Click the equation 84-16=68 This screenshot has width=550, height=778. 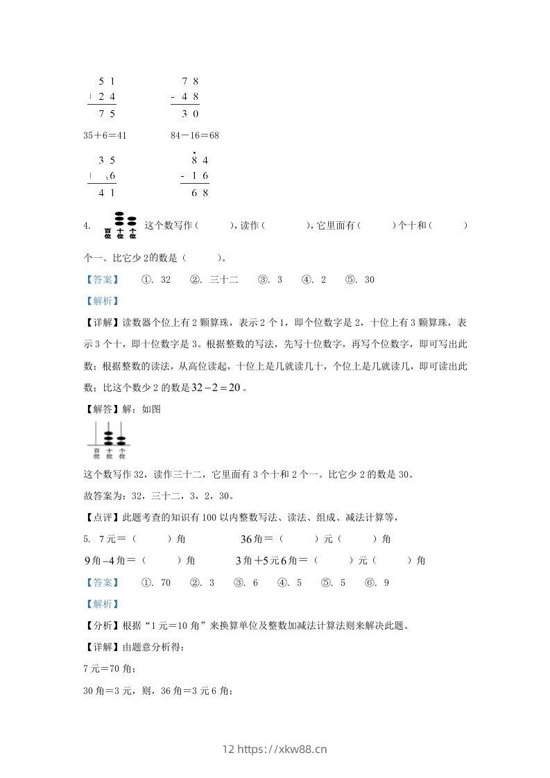194,135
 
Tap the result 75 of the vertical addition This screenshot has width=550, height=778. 107,114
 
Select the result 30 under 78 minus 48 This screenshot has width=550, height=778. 191,114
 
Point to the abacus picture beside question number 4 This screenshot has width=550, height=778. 119,225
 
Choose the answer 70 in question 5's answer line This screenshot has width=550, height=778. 165,582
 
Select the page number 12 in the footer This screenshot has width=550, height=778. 230,750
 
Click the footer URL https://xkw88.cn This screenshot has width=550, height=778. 282,750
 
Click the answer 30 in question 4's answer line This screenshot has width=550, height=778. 369,279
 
